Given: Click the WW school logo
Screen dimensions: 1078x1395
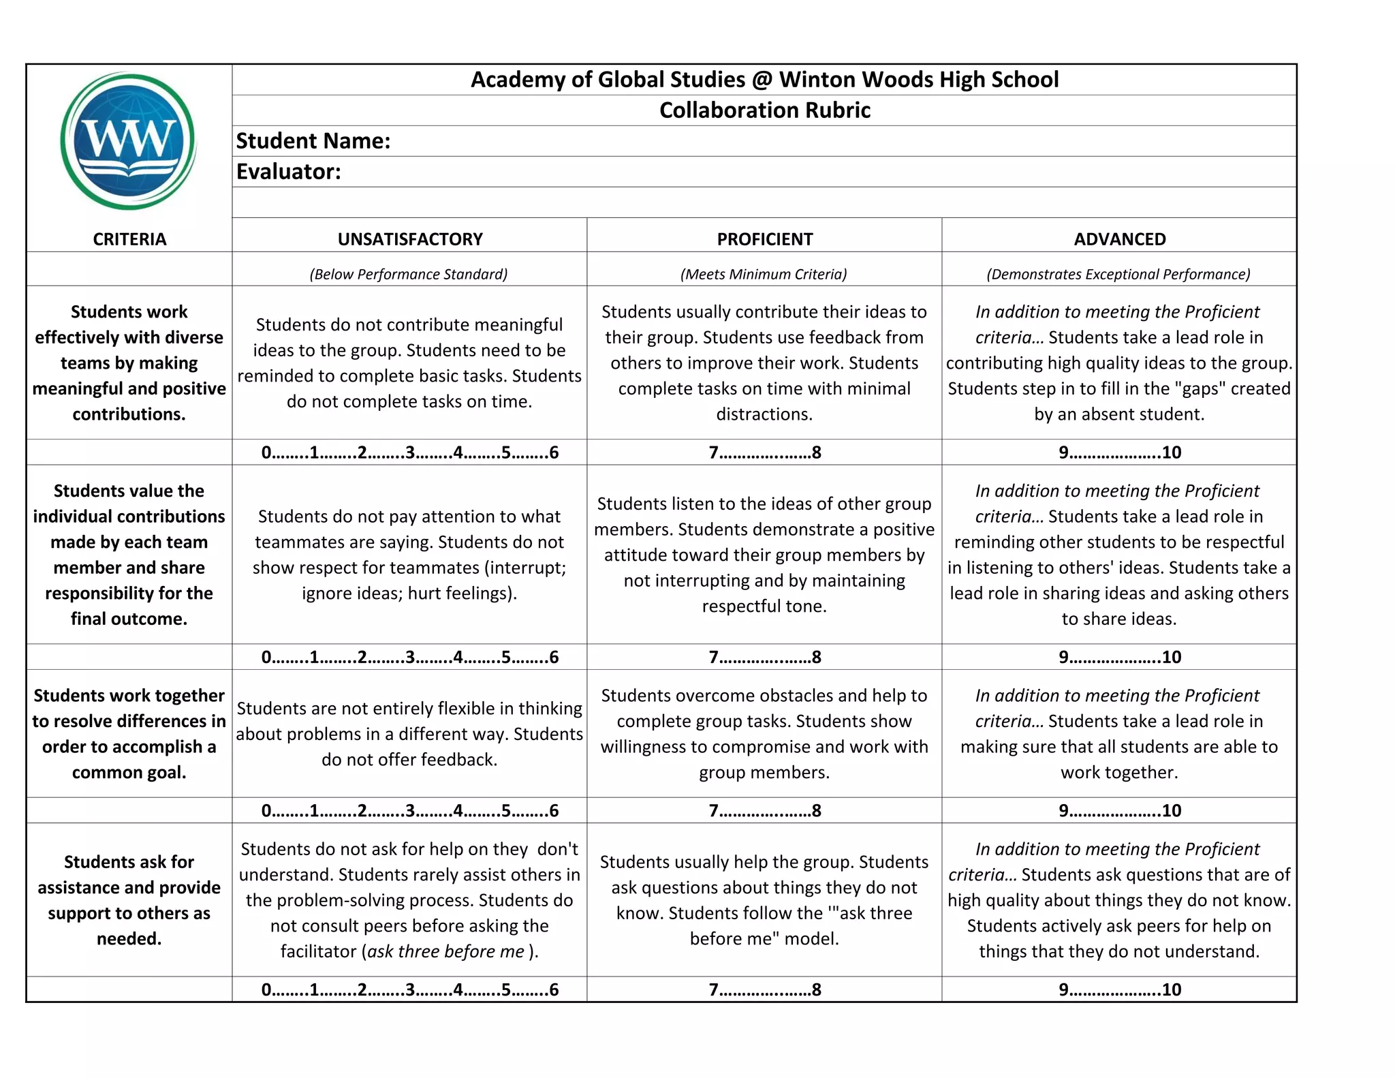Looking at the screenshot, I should tap(128, 141).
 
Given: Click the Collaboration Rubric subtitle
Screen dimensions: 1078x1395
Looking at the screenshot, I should tap(764, 110).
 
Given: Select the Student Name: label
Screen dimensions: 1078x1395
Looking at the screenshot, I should tap(313, 141).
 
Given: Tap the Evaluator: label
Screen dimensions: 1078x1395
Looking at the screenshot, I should tap(288, 172).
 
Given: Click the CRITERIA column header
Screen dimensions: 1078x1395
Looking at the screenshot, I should tap(129, 239).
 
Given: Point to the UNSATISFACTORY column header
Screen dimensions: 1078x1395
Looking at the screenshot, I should tap(410, 239).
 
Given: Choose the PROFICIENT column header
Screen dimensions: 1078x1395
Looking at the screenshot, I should tap(764, 239).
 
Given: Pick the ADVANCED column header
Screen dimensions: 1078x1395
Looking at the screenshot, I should tap(1119, 239).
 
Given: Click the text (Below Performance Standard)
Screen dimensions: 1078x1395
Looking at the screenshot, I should tap(409, 274).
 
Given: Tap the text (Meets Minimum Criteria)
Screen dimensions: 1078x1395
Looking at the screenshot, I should tap(764, 274).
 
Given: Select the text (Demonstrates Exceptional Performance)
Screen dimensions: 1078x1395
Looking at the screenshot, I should tap(1118, 274).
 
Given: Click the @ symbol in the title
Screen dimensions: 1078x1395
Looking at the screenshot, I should tap(762, 80).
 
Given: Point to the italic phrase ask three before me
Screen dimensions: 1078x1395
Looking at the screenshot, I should tap(445, 951).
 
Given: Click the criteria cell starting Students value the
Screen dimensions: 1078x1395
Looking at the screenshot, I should tap(129, 554).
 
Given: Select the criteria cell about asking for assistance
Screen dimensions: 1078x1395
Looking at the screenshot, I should tap(129, 899).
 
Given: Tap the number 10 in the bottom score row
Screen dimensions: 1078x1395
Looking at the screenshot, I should tap(1171, 989).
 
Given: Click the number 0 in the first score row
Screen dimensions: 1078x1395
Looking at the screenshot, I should tap(266, 452).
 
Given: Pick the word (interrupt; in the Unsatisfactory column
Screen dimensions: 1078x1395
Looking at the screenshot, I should tap(525, 568).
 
